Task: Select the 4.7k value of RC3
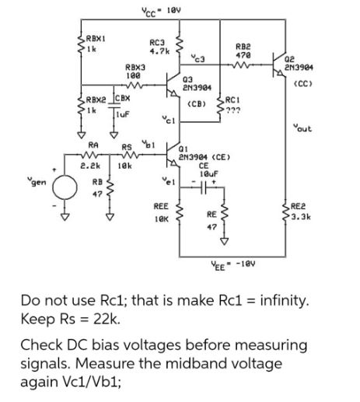tap(159, 51)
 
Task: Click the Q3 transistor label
tap(189, 79)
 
